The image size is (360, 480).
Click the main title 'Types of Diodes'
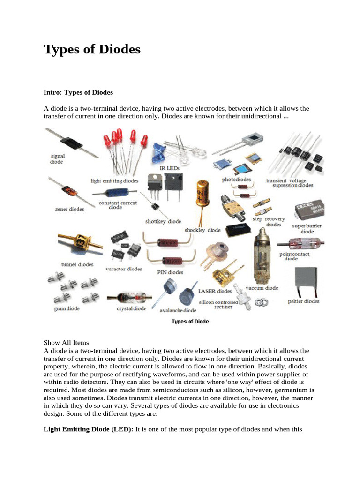coord(92,49)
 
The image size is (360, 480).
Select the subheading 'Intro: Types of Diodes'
coord(78,92)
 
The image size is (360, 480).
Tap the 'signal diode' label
coord(57,159)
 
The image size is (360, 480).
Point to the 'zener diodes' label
coord(69,210)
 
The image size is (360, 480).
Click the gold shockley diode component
coord(202,193)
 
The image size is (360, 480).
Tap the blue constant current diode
coord(117,193)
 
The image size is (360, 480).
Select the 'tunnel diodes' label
coord(77,264)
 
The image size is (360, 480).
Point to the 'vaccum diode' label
coord(262,288)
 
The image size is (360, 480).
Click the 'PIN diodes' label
coord(170,272)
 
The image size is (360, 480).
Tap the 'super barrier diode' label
coord(307,229)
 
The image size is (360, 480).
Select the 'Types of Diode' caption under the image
coord(190,322)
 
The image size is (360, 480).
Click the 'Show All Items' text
coord(66,343)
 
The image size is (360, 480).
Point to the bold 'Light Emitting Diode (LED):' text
coord(89,429)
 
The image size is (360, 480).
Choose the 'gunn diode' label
coord(67,308)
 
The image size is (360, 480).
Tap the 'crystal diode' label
coord(131,308)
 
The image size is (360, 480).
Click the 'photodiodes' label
coord(236,180)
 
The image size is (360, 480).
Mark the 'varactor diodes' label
coord(124,269)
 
